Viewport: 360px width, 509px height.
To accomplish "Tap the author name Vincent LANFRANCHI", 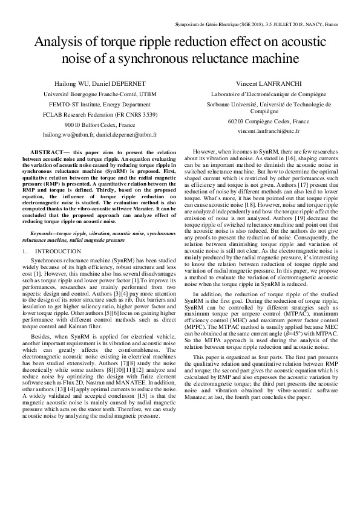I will [260, 83].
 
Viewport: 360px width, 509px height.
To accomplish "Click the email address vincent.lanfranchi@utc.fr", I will [260, 131].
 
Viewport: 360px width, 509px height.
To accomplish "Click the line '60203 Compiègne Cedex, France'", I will [260, 121].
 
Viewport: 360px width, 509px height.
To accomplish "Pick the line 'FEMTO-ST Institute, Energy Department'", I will [100, 104].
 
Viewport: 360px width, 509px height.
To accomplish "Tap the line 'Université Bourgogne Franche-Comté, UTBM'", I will [100, 94].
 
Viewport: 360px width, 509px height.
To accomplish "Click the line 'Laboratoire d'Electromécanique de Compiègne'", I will [260, 94].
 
